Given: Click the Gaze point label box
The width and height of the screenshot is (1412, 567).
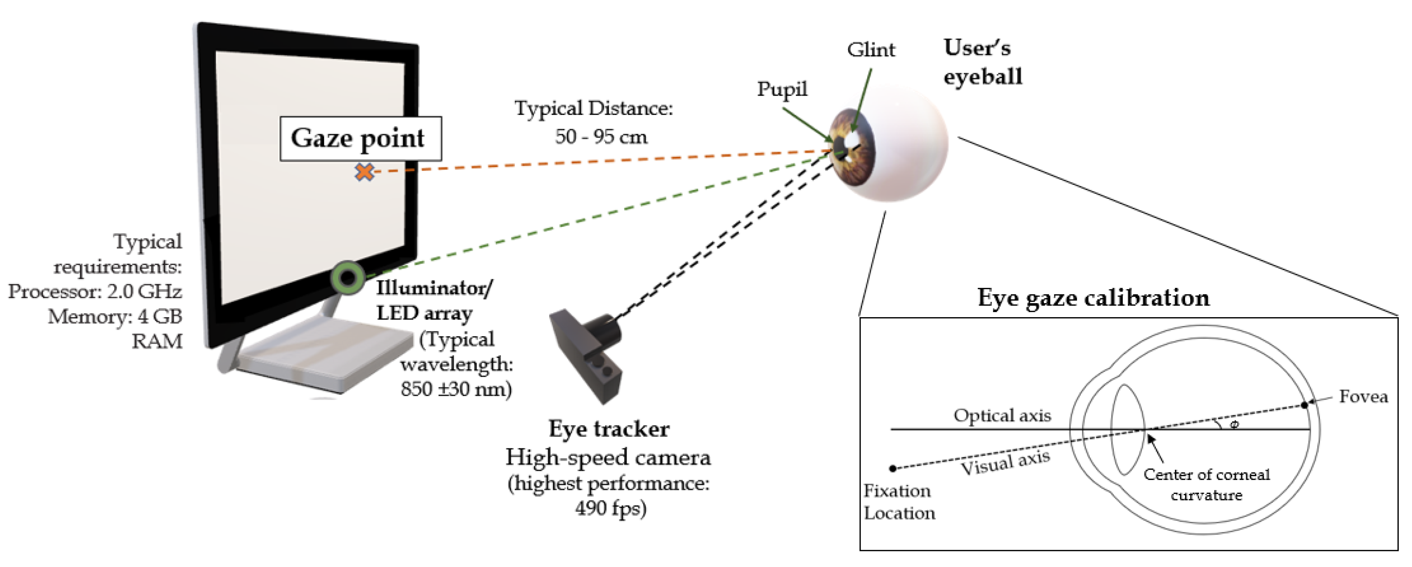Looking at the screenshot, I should click(x=360, y=138).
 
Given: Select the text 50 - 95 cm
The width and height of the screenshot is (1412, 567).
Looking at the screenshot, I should click(x=601, y=137).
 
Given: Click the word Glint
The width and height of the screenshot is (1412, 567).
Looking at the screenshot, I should click(x=871, y=50).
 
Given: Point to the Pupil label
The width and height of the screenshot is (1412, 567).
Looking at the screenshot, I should click(x=782, y=89).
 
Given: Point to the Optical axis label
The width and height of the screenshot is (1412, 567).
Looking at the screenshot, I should click(x=1002, y=415).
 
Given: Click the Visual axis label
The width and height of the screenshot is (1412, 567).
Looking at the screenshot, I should click(x=1005, y=463).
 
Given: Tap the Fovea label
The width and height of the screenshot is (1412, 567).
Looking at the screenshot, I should click(x=1363, y=397).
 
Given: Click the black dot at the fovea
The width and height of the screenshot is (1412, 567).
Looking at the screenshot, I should click(x=1305, y=405).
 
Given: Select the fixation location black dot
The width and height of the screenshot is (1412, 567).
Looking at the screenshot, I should click(x=893, y=469).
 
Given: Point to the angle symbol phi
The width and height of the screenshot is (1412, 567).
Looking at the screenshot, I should click(x=1234, y=425).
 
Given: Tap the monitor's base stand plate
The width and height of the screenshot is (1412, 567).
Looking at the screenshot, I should click(x=323, y=356).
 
